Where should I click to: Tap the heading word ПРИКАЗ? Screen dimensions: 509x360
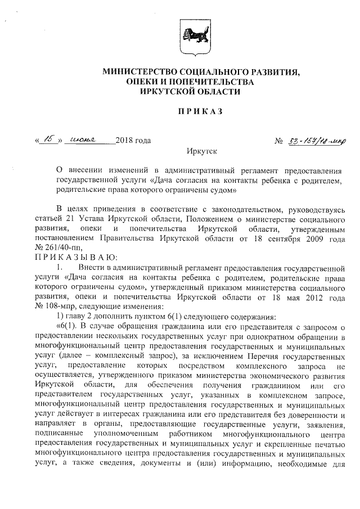click(201, 111)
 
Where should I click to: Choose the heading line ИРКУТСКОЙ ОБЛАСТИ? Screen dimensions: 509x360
click(183, 92)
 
